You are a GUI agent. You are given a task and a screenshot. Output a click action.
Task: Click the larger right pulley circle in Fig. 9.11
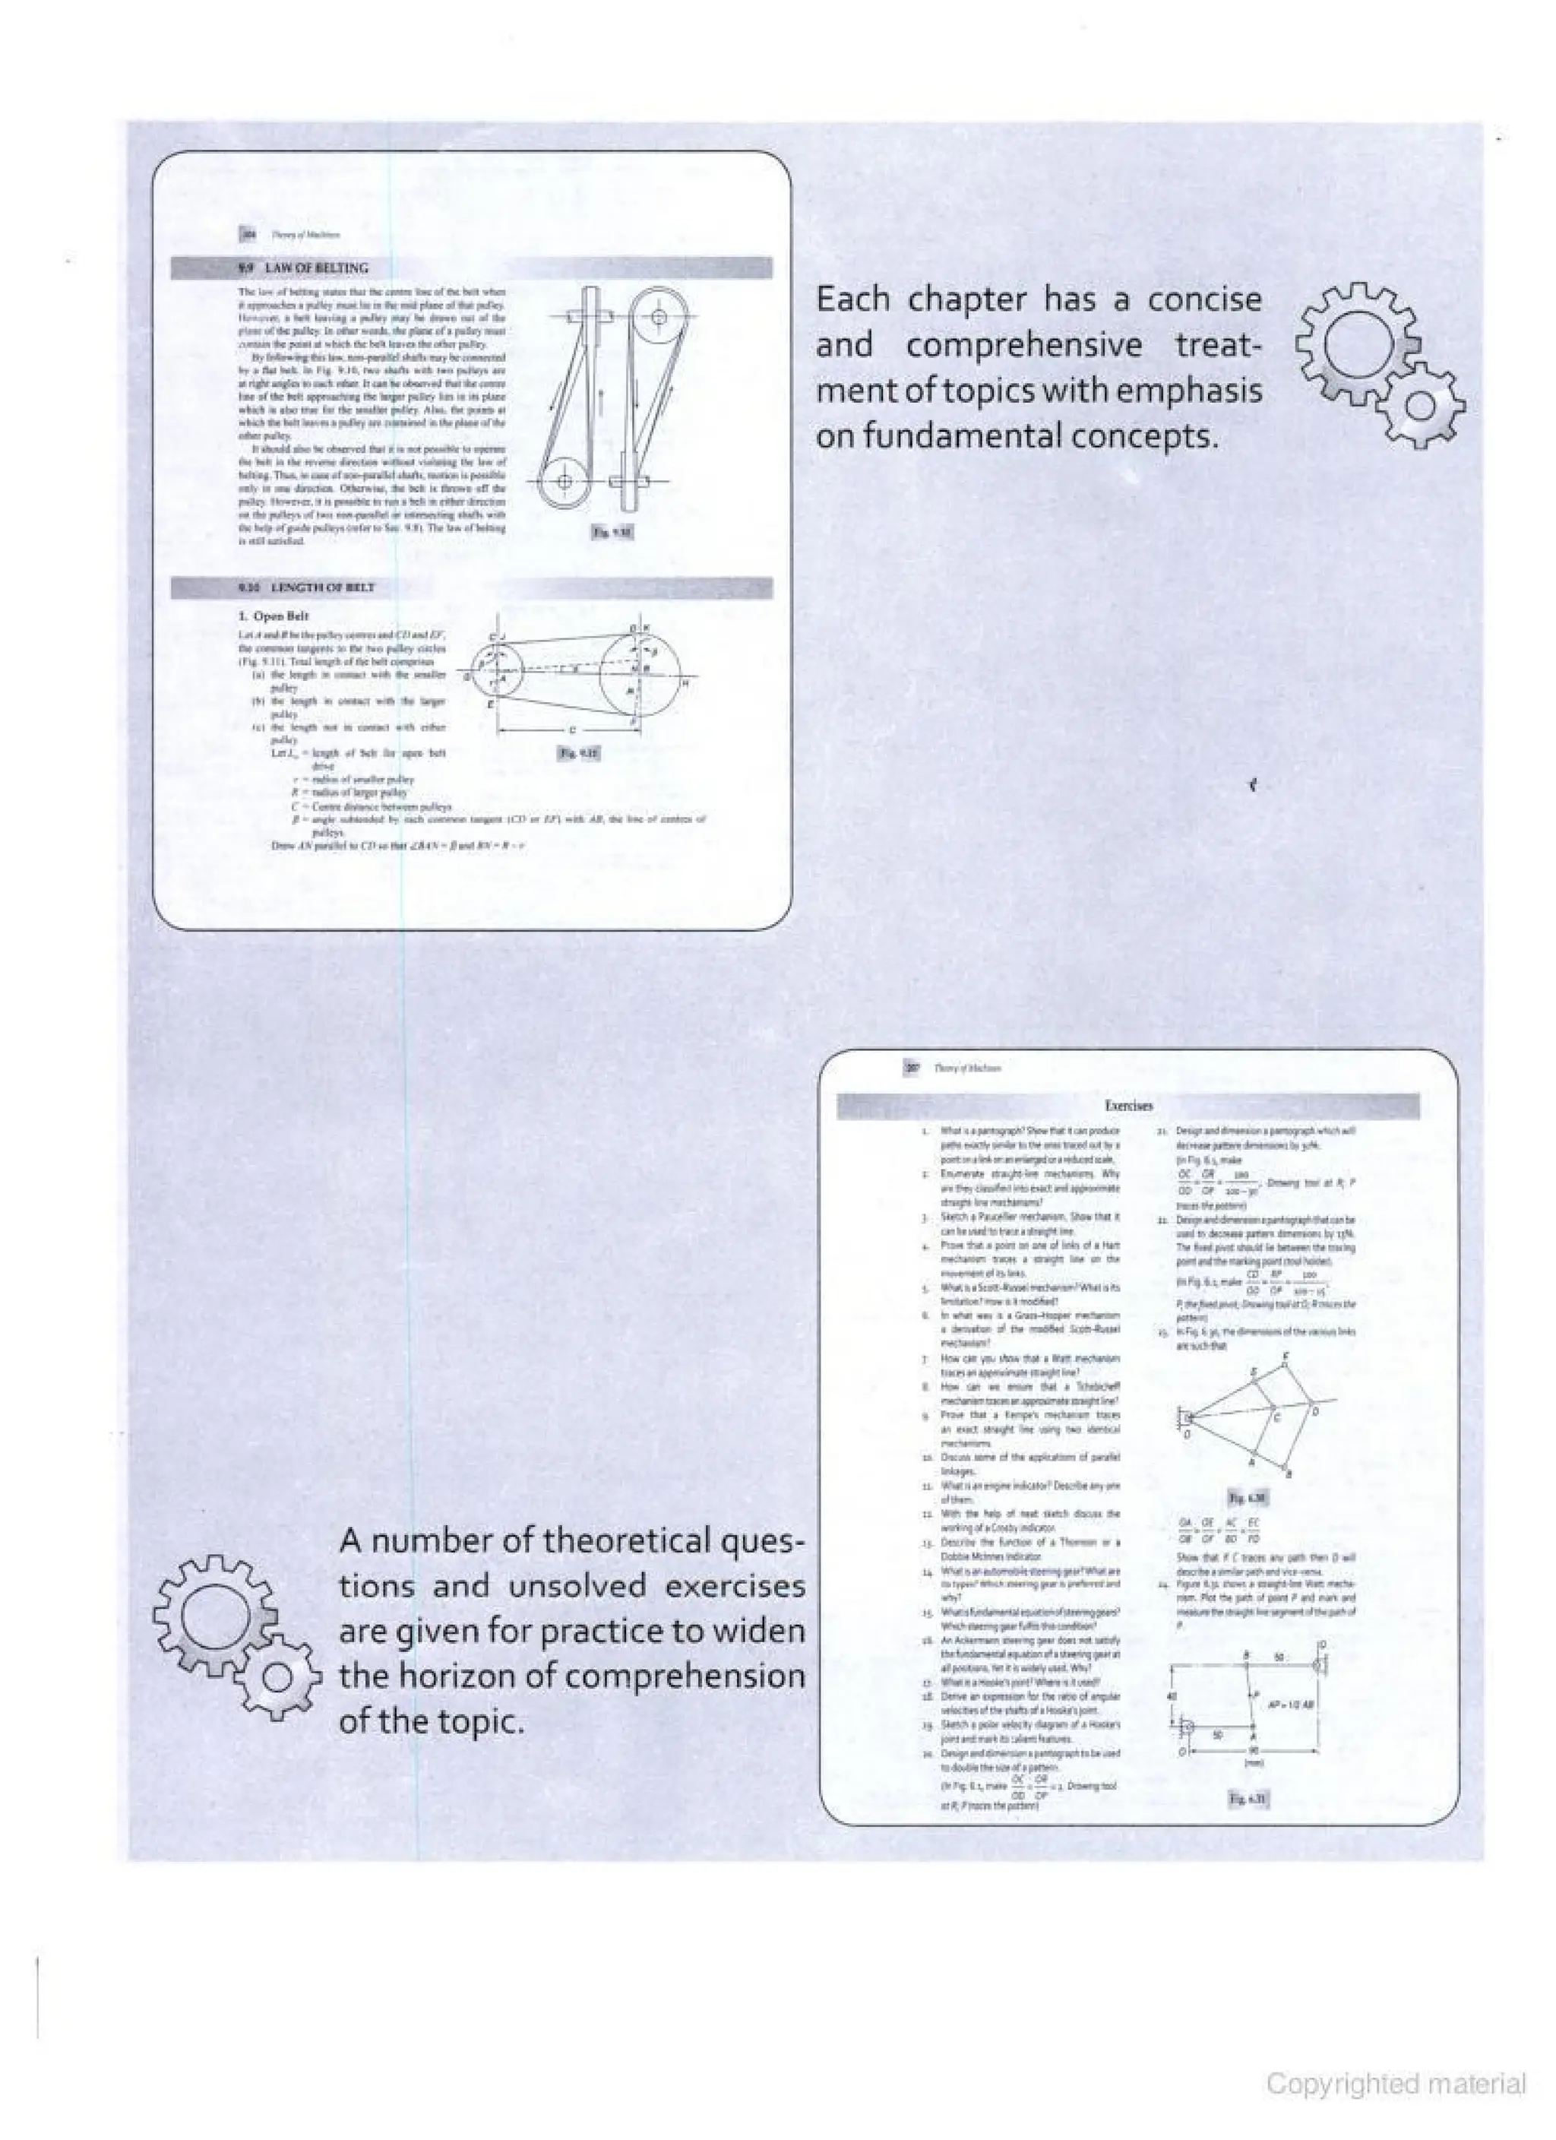pos(640,668)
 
